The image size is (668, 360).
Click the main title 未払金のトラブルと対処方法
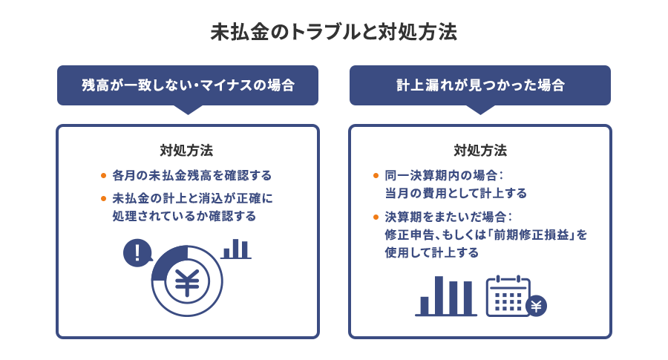(333, 33)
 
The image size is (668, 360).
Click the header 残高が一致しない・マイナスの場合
(187, 85)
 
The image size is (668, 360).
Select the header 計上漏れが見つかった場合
(479, 85)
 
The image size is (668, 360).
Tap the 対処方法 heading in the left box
(187, 150)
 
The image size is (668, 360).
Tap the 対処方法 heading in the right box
(480, 150)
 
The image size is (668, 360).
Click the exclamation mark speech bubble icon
(137, 253)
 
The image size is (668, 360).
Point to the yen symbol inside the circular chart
(187, 283)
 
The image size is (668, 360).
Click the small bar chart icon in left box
(236, 249)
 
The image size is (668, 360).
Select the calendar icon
(508, 296)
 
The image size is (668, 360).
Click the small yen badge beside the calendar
(536, 305)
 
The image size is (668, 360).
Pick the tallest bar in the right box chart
(439, 295)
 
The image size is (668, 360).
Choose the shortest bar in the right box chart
(425, 305)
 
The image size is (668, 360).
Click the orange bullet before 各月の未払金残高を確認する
(103, 176)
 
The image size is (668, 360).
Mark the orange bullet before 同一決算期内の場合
(376, 176)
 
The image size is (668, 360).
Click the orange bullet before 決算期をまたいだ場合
(376, 217)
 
